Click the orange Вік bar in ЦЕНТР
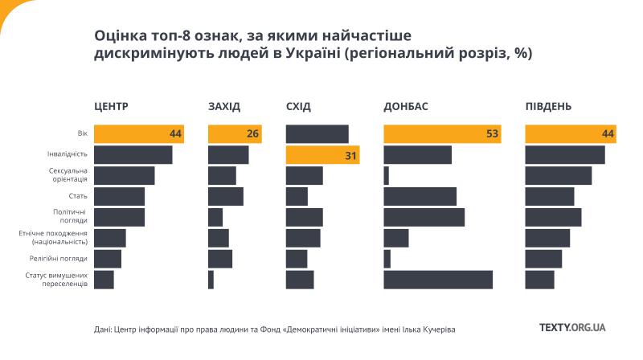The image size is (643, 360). click(x=138, y=134)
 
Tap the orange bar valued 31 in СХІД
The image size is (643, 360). click(x=322, y=155)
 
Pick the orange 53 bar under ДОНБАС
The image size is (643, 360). click(x=443, y=134)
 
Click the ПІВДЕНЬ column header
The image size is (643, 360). click(x=549, y=107)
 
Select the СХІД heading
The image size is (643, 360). click(x=298, y=107)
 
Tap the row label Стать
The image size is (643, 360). click(x=77, y=196)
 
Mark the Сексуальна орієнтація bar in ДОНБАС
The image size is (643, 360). click(x=387, y=175)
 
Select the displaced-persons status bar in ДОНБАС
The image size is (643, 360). click(x=438, y=280)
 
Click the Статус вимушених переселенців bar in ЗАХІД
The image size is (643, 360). click(x=211, y=280)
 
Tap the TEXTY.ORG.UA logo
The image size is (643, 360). click(x=572, y=328)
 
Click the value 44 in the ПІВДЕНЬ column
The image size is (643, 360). click(x=608, y=134)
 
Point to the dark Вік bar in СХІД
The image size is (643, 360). click(x=317, y=134)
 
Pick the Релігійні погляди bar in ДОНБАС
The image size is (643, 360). click(x=387, y=259)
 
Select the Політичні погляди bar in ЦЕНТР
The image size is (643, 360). click(x=119, y=217)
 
